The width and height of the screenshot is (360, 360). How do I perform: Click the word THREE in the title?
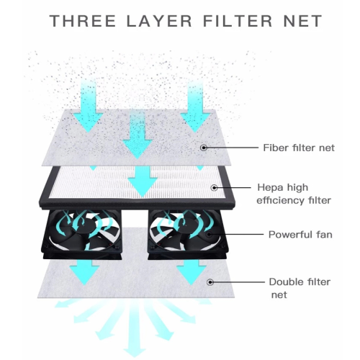(83, 21)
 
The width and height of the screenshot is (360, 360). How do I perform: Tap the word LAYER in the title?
(159, 21)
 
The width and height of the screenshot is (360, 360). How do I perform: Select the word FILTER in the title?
(238, 21)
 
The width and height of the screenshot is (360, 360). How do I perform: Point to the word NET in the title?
(303, 21)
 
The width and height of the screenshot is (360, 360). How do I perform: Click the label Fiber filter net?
(299, 148)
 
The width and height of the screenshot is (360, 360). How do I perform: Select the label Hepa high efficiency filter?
(294, 194)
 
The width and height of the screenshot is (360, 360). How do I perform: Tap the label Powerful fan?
(300, 235)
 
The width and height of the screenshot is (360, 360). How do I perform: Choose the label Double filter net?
(300, 288)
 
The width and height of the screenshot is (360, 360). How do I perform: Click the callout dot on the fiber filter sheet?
(204, 148)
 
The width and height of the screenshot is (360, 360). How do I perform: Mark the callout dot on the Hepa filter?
(215, 188)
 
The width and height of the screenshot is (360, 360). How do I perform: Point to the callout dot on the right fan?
(209, 235)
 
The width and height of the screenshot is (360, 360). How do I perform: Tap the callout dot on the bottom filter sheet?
(210, 282)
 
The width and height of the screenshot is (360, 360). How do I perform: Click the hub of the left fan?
(85, 225)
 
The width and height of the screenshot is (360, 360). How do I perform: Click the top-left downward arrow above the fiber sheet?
(88, 105)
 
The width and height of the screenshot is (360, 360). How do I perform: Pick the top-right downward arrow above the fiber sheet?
(195, 105)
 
